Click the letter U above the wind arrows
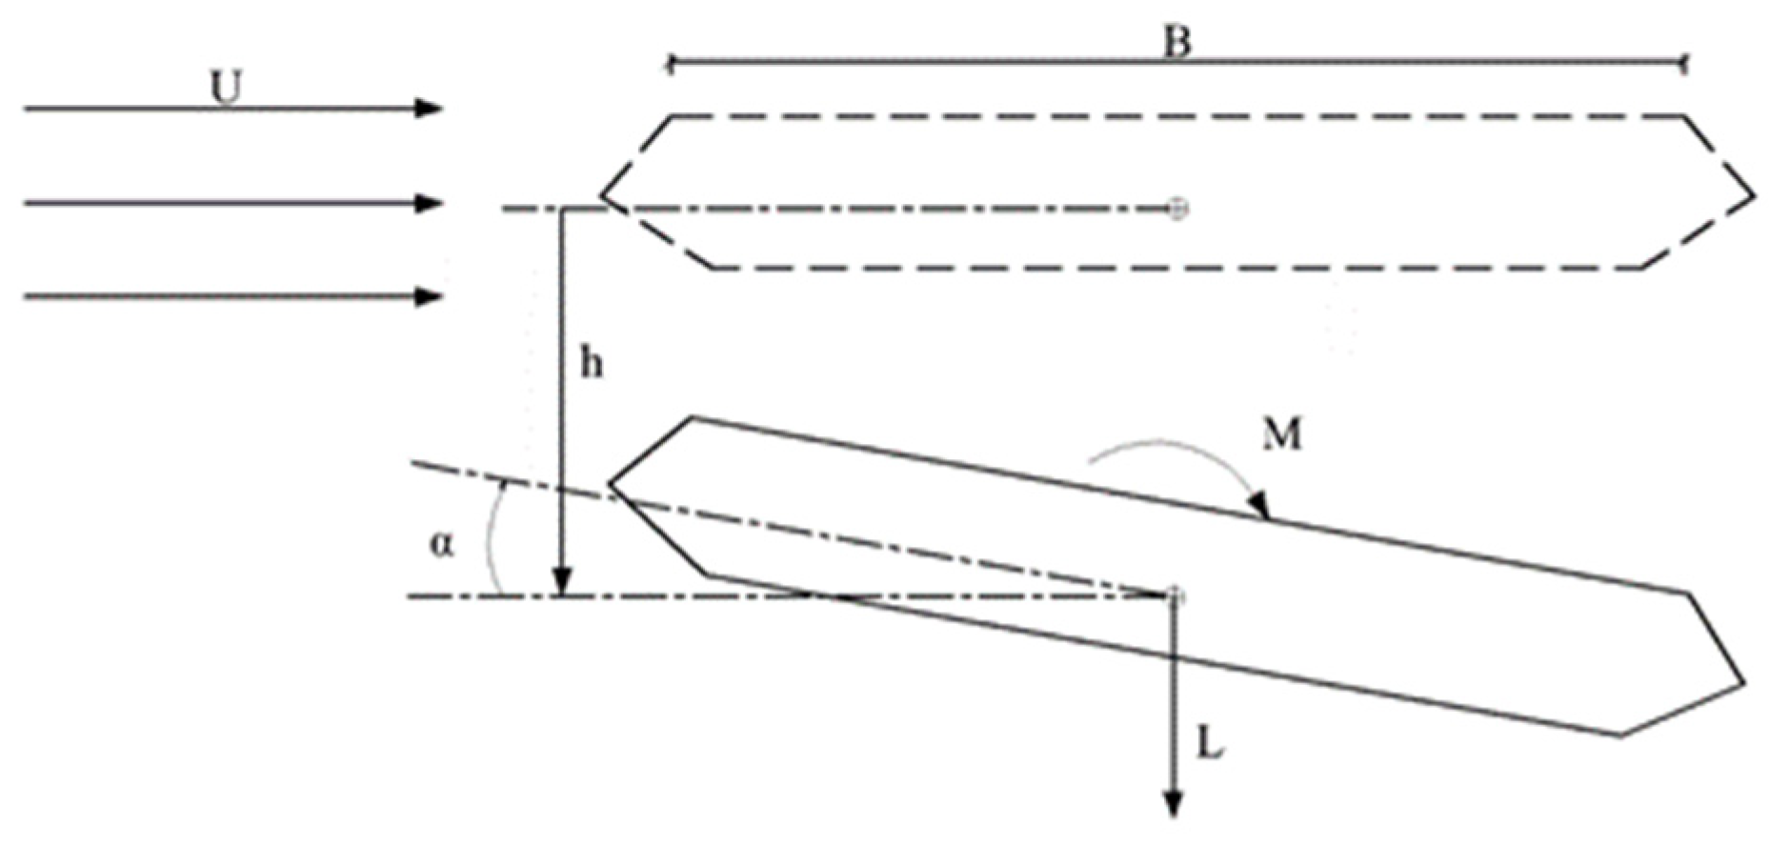click(226, 88)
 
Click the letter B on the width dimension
click(1177, 43)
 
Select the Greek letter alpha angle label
click(441, 545)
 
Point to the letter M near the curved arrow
click(1281, 434)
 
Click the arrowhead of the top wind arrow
click(431, 109)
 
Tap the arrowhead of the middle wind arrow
click(431, 203)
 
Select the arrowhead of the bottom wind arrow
click(431, 297)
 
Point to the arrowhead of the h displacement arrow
click(563, 581)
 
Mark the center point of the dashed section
click(1177, 208)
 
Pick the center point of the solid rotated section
click(1175, 595)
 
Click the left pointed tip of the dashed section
click(602, 197)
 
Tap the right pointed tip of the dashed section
click(1753, 196)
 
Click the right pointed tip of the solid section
click(1743, 683)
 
